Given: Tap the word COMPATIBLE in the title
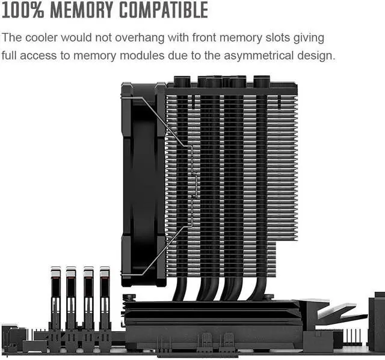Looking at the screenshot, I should point(163,10).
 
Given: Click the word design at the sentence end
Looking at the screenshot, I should point(316,56).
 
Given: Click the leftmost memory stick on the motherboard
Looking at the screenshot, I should point(55,297).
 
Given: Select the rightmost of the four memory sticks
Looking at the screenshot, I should point(105,297).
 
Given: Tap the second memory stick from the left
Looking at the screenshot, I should point(72,297).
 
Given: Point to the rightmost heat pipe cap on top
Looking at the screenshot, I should point(262,81).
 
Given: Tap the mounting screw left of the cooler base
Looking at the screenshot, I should point(128,296).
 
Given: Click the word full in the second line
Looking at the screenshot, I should point(12,56).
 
